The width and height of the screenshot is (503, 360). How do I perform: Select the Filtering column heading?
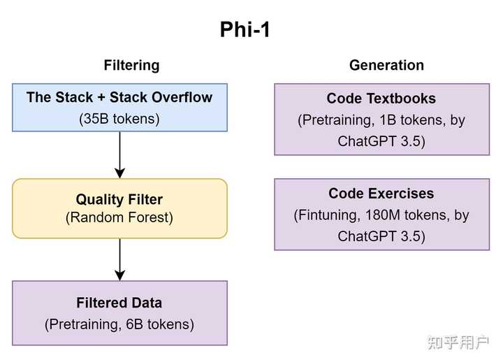(x=131, y=65)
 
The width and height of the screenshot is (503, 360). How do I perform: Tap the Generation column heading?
(x=386, y=65)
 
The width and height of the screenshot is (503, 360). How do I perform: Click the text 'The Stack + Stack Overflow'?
(x=119, y=97)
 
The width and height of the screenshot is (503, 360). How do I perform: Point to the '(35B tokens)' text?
(x=119, y=118)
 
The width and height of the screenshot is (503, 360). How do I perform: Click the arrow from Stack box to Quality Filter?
(x=120, y=154)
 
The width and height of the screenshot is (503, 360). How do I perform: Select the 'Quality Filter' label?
(x=119, y=200)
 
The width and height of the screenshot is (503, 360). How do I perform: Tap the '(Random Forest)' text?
(x=119, y=217)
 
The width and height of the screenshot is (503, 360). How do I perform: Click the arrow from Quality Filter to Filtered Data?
(x=120, y=259)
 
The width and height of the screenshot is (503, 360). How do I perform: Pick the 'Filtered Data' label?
(x=119, y=303)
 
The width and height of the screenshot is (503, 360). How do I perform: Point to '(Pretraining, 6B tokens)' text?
(x=119, y=324)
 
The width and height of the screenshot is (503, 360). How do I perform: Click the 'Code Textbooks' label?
(x=381, y=99)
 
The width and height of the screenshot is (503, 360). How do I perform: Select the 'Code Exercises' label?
(x=381, y=194)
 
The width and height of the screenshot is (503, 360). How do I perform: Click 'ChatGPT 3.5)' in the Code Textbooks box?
(x=381, y=141)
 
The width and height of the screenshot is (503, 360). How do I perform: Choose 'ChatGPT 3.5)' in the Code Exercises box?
(x=381, y=236)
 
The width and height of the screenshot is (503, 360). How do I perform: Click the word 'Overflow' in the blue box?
(x=183, y=97)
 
